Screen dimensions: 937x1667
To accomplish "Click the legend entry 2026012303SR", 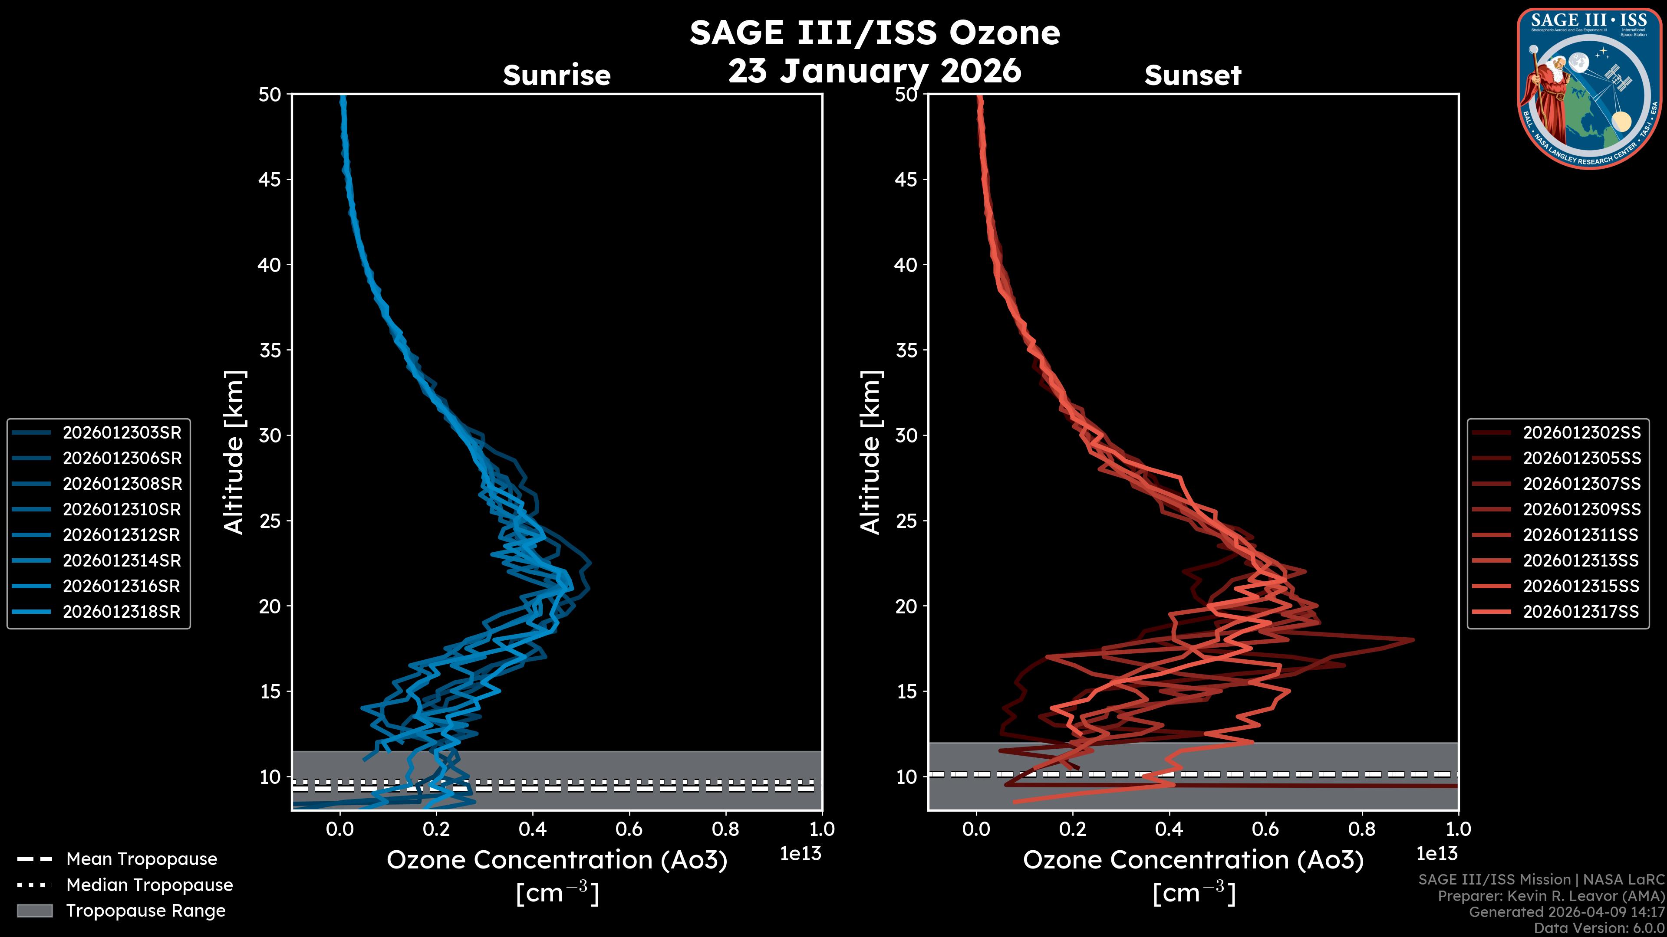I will [x=122, y=432].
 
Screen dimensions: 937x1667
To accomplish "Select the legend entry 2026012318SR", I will [x=122, y=612].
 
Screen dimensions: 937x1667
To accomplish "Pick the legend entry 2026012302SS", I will [x=1581, y=432].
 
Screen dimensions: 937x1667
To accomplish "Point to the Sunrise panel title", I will [x=557, y=75].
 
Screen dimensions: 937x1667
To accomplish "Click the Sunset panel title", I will [x=1193, y=75].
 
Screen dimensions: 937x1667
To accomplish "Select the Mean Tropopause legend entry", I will [x=141, y=859].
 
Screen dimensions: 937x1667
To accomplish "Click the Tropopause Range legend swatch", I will [x=35, y=911].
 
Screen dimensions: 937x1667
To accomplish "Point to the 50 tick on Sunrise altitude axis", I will [x=270, y=95].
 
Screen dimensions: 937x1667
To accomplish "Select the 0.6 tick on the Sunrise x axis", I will [x=629, y=829].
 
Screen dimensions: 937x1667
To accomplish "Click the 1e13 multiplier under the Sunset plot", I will [x=1436, y=854].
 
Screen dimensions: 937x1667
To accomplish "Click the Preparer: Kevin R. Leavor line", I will [x=1551, y=896].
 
